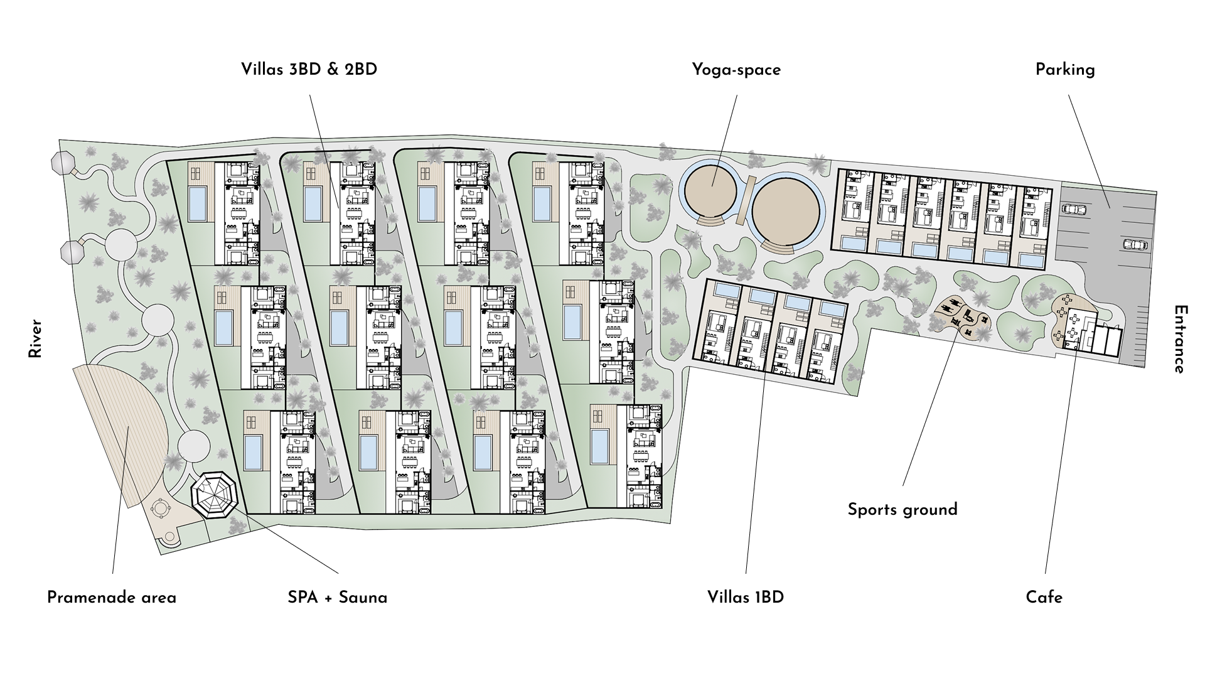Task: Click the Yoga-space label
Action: tap(736, 70)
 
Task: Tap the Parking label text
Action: tap(1065, 70)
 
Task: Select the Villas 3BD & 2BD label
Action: tap(309, 70)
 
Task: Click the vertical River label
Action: tap(35, 339)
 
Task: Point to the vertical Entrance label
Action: tap(1179, 339)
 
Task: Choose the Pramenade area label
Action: tap(112, 598)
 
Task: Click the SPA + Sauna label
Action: tap(338, 598)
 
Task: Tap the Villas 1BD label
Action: tap(746, 598)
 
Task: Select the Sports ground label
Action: tap(902, 510)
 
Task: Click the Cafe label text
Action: tap(1044, 598)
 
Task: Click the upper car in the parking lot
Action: tap(1074, 208)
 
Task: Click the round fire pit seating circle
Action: tap(162, 506)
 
